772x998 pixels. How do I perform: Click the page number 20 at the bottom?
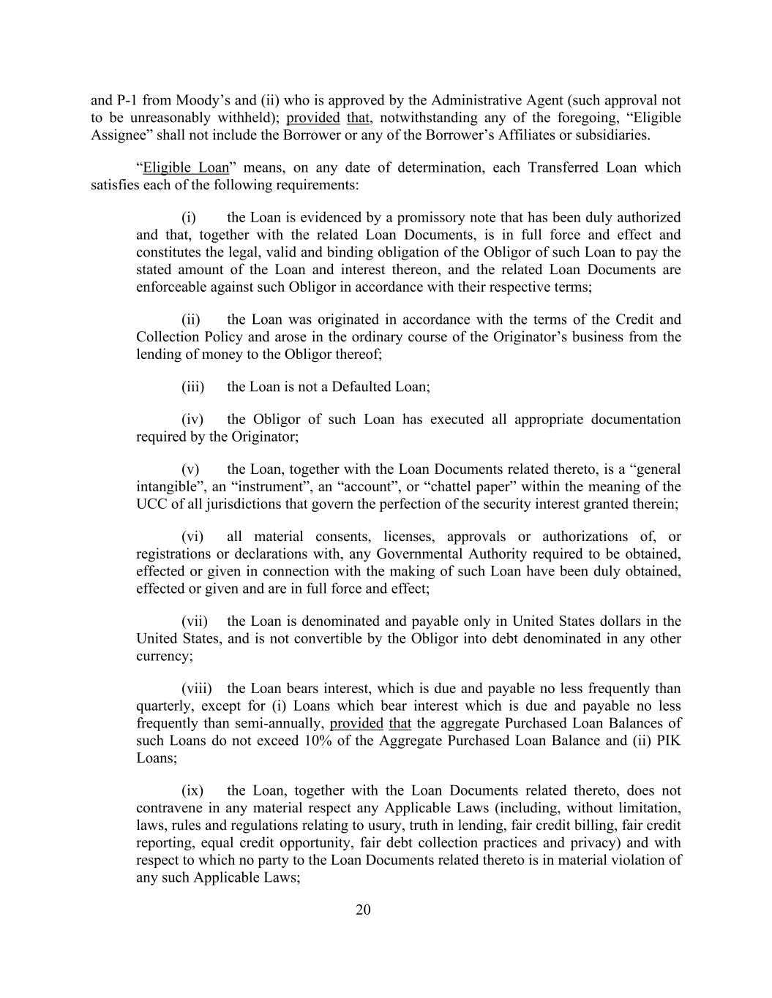(x=363, y=910)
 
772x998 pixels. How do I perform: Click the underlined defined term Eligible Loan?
(x=186, y=167)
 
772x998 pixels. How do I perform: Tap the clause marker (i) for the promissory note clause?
(x=189, y=217)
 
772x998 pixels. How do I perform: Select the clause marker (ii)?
(x=191, y=320)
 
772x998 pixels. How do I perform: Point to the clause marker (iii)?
(x=192, y=387)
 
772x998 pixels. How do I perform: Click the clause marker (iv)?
(x=192, y=420)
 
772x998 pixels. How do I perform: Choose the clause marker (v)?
(x=190, y=469)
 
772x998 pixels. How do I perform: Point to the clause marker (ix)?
(x=192, y=791)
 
